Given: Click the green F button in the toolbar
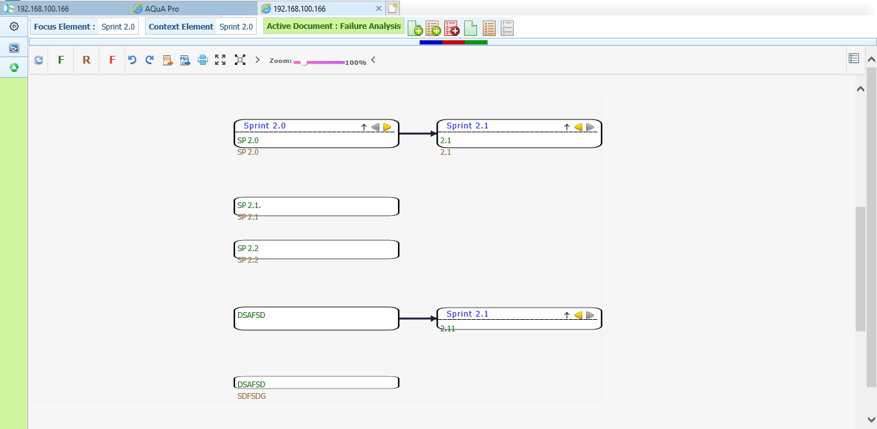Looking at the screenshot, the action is click(61, 60).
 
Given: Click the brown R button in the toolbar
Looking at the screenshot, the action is click(87, 60).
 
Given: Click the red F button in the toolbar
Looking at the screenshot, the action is click(112, 60).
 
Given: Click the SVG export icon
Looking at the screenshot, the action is click(168, 60).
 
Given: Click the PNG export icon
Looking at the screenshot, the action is click(185, 60).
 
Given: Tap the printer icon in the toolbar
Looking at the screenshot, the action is click(203, 60).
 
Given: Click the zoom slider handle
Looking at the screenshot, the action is click(304, 62).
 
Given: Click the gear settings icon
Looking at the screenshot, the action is click(14, 26).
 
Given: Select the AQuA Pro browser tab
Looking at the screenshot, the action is click(162, 8).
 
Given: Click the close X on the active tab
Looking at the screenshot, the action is click(378, 8).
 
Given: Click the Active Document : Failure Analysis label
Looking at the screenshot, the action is click(334, 26).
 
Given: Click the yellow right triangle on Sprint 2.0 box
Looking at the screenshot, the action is click(387, 127).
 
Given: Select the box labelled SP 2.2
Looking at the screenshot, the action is click(317, 250).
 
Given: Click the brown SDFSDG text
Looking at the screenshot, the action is click(252, 396).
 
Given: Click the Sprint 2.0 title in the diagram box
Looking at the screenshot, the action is click(265, 126).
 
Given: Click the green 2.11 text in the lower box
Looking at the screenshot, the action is click(447, 329).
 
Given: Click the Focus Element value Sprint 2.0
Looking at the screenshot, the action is click(118, 26).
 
